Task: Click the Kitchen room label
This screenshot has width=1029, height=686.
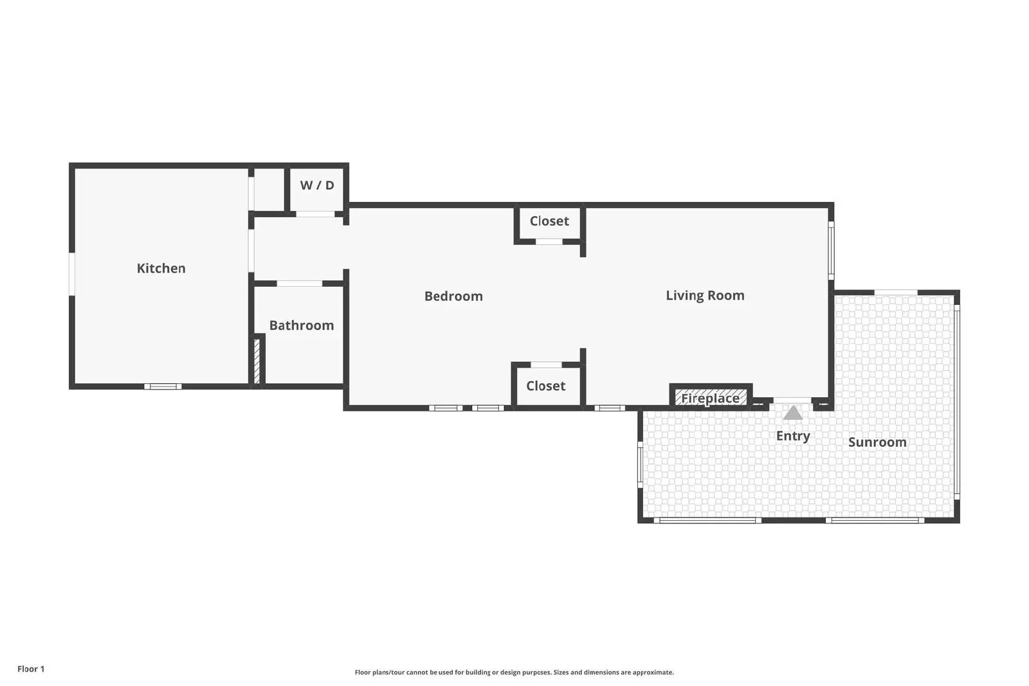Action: coord(161,268)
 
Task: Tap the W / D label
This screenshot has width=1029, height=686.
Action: coord(317,185)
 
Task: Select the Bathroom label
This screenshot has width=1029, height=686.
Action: coord(302,325)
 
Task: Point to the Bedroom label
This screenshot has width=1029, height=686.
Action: coord(453,296)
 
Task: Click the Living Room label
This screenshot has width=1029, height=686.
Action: coord(705,295)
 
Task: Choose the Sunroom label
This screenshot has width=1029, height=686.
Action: coord(877,442)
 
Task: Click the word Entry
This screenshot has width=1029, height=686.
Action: coord(793,436)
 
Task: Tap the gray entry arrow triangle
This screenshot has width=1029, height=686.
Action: coord(793,413)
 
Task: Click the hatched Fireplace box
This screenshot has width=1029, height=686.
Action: coord(711,397)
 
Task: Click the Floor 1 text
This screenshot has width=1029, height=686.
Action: coord(31,669)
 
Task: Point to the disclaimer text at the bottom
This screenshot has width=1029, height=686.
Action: coord(514,672)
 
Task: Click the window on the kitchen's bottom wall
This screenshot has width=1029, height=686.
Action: coord(163,386)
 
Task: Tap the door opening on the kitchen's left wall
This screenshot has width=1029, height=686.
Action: coord(71,274)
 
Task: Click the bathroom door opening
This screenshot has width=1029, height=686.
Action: coord(300,284)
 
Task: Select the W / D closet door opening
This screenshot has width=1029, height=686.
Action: coord(315,214)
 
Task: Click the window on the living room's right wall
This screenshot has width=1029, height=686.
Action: coord(831,251)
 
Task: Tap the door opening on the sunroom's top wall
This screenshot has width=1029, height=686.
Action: coord(896,293)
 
